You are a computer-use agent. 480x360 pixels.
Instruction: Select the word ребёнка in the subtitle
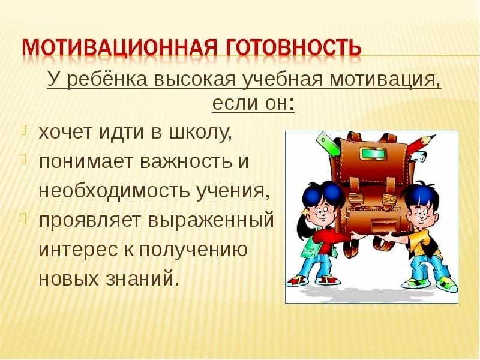(x=107, y=79)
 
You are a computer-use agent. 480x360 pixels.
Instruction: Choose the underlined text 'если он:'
(x=253, y=103)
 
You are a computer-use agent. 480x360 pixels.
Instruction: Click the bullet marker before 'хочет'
(x=25, y=130)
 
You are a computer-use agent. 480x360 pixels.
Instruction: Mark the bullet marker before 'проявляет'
(x=25, y=217)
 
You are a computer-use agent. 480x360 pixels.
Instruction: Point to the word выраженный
(x=211, y=220)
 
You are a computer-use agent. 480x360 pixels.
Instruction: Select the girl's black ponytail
(x=304, y=224)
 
